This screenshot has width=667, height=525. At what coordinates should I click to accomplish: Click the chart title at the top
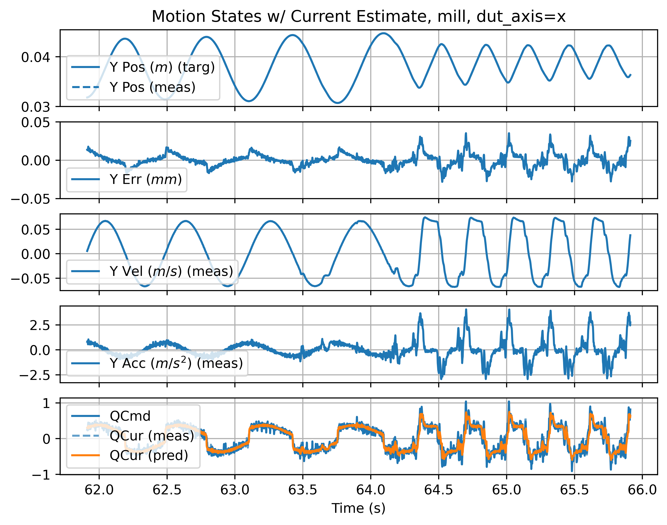(x=359, y=17)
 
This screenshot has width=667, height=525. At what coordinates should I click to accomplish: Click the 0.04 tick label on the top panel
(x=35, y=57)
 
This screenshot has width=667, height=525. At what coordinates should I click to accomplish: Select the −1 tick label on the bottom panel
(x=41, y=475)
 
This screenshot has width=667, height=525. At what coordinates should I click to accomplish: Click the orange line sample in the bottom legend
(x=85, y=455)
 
